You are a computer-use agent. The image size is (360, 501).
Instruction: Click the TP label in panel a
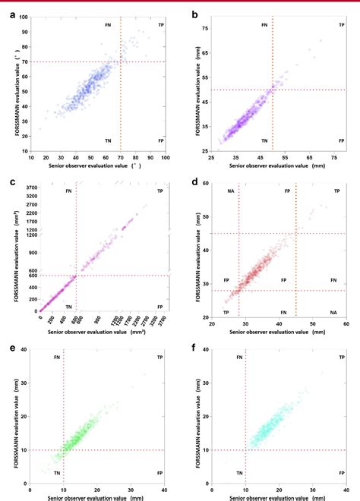click(160, 25)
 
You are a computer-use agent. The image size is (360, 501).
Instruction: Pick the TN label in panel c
click(69, 306)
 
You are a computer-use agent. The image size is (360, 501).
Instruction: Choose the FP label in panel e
click(160, 471)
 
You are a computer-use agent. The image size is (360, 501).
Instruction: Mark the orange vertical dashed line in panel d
click(295, 250)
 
